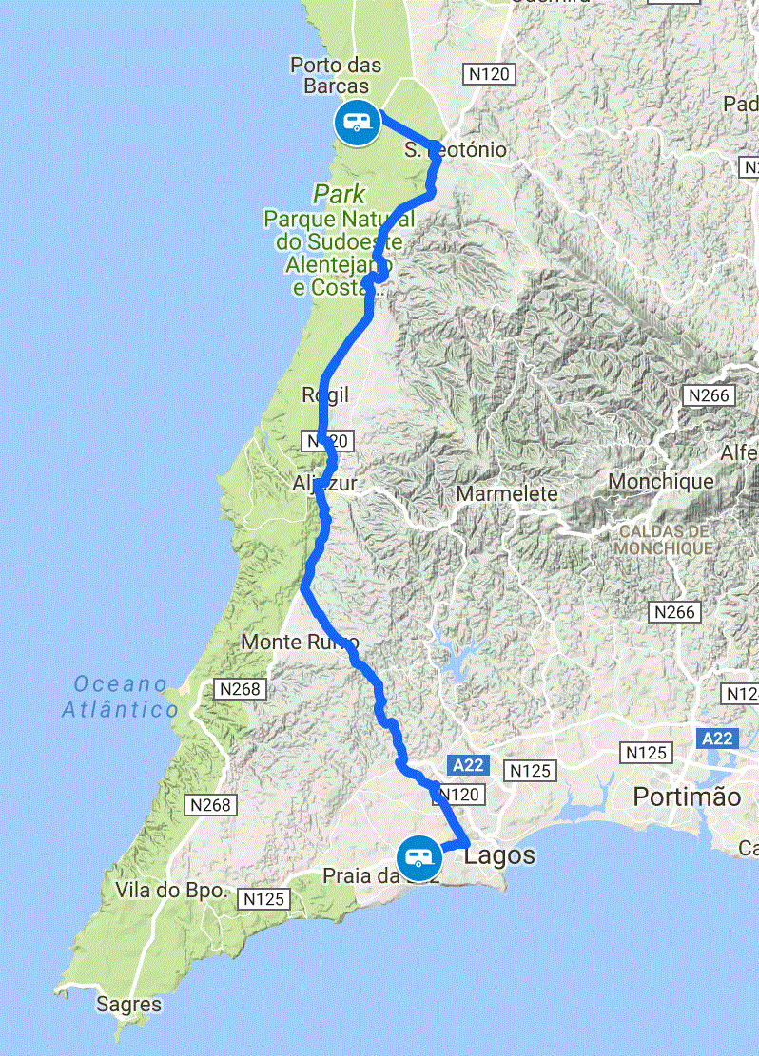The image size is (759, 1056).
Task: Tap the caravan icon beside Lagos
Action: click(x=418, y=857)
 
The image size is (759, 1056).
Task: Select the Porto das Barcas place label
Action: click(x=336, y=76)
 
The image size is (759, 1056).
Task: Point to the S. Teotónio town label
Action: click(x=456, y=150)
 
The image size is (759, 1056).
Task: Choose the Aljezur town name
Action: click(x=324, y=484)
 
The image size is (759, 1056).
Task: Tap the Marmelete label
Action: click(x=507, y=494)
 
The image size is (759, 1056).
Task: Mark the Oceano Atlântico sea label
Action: click(x=121, y=696)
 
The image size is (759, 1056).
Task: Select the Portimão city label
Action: click(x=687, y=797)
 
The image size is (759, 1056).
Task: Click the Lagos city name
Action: click(x=500, y=855)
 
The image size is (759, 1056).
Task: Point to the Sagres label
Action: click(x=129, y=1004)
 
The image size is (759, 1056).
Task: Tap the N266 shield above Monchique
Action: click(x=708, y=394)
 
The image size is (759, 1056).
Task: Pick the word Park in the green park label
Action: click(x=340, y=195)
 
